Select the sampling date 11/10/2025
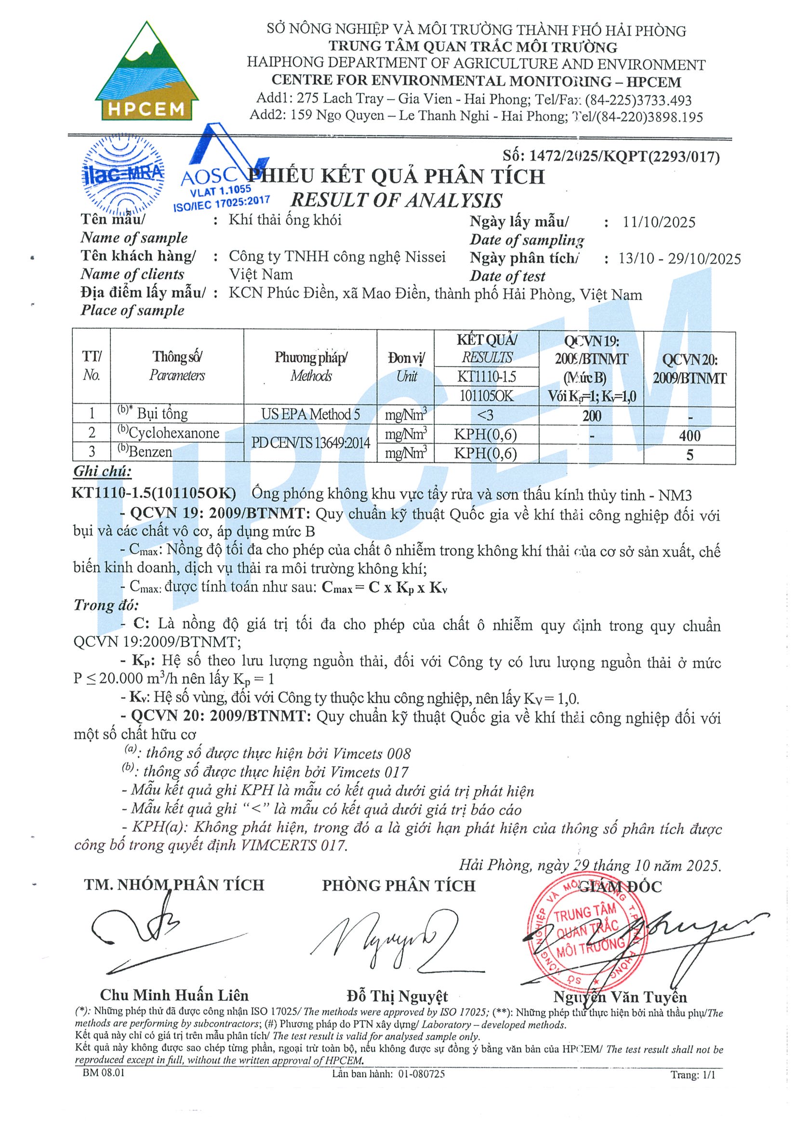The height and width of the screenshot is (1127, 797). pyautogui.click(x=659, y=223)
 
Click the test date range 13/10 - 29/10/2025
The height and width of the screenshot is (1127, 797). pyautogui.click(x=679, y=259)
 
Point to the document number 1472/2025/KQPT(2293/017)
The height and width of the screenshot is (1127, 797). pyautogui.click(x=611, y=157)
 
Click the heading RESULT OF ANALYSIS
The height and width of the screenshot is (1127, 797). pyautogui.click(x=396, y=200)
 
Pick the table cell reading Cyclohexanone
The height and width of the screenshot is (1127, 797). pyautogui.click(x=169, y=433)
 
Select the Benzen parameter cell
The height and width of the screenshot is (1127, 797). pyautogui.click(x=146, y=452)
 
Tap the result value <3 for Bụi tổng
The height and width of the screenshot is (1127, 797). pyautogui.click(x=485, y=415)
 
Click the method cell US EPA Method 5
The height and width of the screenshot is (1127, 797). pyautogui.click(x=310, y=414)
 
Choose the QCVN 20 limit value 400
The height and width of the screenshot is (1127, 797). pyautogui.click(x=690, y=435)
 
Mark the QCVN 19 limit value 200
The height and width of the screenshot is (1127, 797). pyautogui.click(x=591, y=416)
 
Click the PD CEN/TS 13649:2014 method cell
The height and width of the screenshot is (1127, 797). pyautogui.click(x=310, y=443)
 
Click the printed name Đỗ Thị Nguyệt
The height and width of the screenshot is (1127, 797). pyautogui.click(x=397, y=996)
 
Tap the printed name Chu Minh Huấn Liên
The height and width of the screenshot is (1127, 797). pyautogui.click(x=174, y=995)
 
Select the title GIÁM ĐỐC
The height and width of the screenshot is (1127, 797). pyautogui.click(x=620, y=887)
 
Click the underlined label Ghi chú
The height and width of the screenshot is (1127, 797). pyautogui.click(x=102, y=472)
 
